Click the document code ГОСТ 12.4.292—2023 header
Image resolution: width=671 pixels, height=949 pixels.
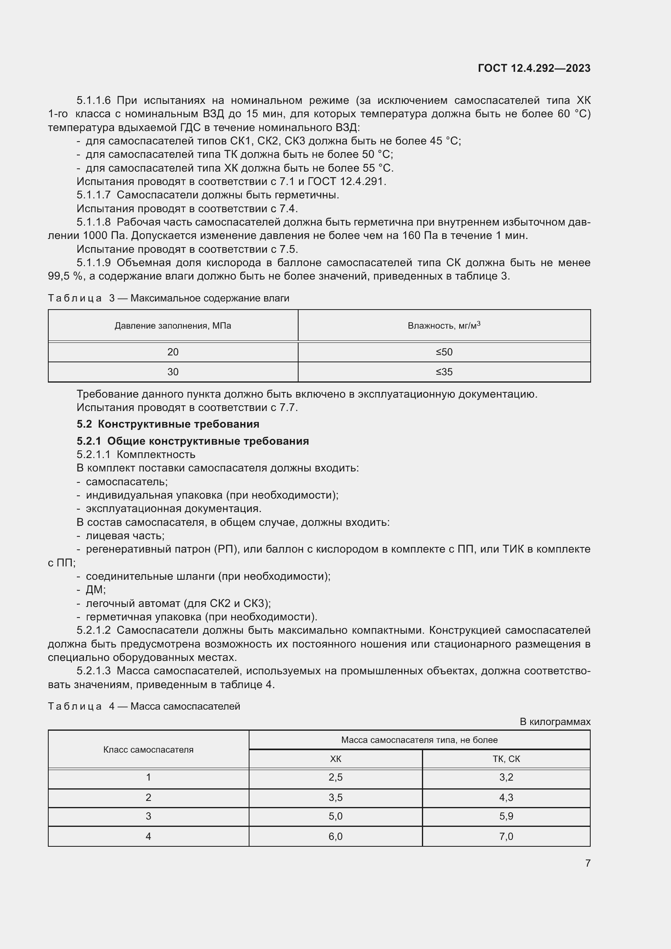point(534,68)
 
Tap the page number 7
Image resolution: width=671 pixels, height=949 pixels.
point(587,863)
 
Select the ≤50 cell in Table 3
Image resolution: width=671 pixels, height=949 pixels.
point(444,352)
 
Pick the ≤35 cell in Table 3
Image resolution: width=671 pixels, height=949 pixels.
point(444,372)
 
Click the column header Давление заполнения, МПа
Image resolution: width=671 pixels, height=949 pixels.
point(173,326)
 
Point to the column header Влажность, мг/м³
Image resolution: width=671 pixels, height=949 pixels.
point(444,326)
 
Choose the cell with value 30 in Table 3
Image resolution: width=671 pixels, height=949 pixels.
point(173,372)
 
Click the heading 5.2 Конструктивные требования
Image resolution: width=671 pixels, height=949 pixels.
point(168,424)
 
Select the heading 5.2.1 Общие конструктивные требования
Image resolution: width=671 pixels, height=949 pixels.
point(193,441)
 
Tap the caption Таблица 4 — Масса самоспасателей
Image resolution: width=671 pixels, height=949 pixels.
point(144,706)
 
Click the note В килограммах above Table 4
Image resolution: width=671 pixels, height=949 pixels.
point(555,722)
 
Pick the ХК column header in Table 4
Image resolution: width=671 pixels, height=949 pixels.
point(335,759)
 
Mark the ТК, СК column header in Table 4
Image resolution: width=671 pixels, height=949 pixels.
point(506,759)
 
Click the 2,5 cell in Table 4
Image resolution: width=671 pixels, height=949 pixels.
point(335,777)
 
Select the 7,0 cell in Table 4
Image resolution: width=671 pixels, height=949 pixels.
point(506,837)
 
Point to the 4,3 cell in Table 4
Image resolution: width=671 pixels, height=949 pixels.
point(506,797)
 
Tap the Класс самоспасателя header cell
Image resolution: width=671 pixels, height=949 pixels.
point(148,750)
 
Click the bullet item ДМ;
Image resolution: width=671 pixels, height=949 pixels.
point(95,590)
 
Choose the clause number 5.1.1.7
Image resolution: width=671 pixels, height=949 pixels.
point(93,195)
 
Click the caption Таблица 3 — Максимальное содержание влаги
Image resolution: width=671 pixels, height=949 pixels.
point(169,298)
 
